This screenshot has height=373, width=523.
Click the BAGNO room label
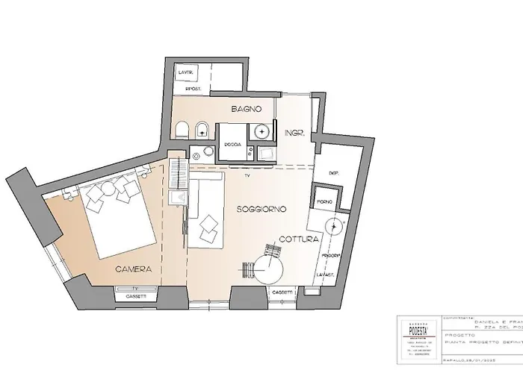(246, 109)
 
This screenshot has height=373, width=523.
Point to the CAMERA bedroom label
(134, 267)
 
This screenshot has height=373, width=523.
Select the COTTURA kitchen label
(300, 239)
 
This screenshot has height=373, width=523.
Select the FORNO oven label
(324, 202)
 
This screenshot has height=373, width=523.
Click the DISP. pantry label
(334, 173)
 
